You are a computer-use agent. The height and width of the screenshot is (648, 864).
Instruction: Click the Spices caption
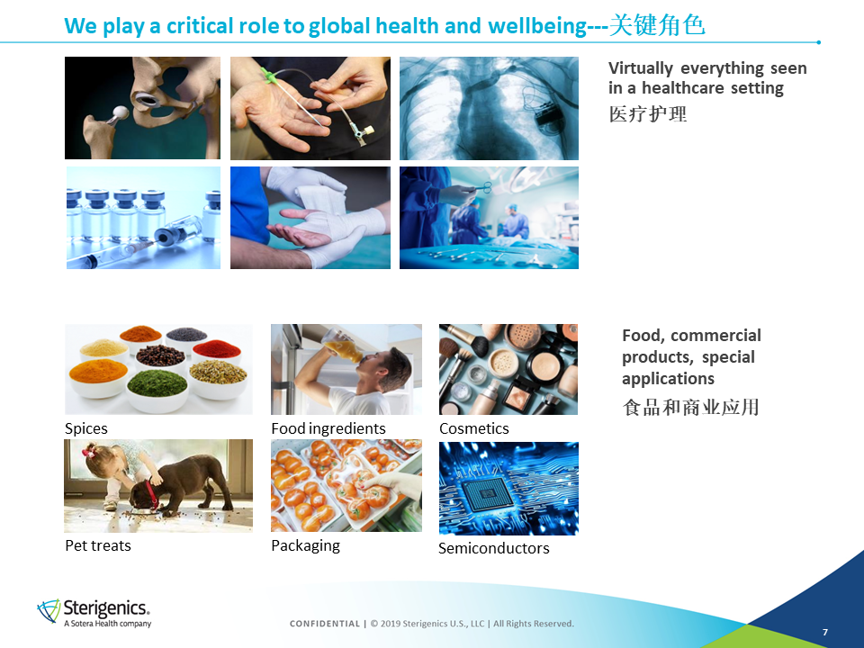click(x=86, y=428)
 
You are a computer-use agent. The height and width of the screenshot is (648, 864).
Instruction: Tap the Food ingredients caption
click(x=328, y=428)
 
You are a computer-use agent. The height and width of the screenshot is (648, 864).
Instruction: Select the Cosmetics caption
click(x=474, y=428)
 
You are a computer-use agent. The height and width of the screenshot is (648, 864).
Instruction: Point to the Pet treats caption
click(x=98, y=545)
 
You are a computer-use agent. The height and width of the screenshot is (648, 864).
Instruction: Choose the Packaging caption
click(x=306, y=546)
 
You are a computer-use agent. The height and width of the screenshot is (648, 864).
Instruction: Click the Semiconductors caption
click(x=494, y=548)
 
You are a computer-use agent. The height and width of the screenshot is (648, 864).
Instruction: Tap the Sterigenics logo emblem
click(x=49, y=611)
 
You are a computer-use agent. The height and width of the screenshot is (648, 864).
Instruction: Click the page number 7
click(x=825, y=632)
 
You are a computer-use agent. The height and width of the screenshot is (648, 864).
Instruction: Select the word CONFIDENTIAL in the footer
click(x=325, y=624)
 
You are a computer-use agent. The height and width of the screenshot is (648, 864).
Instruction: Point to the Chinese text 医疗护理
click(x=648, y=114)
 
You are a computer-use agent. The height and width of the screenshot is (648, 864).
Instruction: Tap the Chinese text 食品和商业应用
click(x=691, y=407)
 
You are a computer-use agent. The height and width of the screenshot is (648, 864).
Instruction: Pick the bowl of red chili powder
click(x=217, y=350)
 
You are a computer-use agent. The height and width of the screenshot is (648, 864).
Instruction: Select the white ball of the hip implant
click(x=120, y=114)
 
